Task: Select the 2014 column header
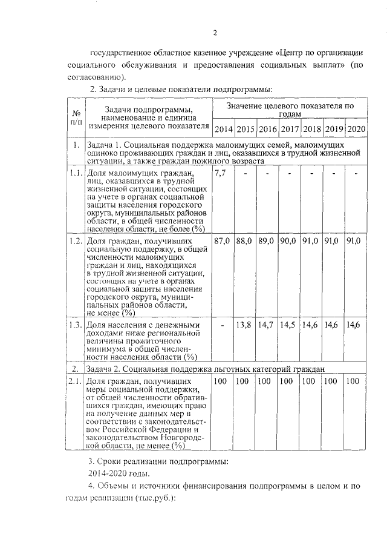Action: click(224, 130)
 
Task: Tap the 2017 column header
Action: click(290, 130)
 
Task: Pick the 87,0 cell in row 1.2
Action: click(223, 241)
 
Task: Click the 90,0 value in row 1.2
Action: click(290, 241)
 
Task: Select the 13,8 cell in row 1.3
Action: click(244, 325)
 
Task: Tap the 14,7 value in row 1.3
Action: click(266, 325)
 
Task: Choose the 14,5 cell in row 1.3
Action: click(289, 325)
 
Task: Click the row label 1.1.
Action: click(75, 174)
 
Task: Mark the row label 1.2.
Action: click(75, 241)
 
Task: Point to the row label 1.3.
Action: click(75, 325)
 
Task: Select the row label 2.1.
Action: click(75, 381)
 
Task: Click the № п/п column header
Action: click(76, 119)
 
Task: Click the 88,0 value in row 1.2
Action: click(244, 241)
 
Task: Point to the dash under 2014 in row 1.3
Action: click(223, 325)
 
